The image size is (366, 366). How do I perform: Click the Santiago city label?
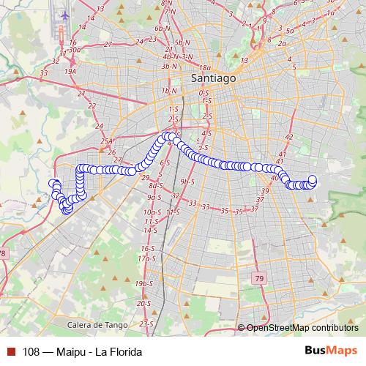(212, 77)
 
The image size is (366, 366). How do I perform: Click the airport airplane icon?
(65, 14)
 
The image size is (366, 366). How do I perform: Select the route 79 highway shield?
(259, 278)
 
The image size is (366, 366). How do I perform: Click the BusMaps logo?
(330, 351)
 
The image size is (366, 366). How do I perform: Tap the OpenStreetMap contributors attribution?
(302, 328)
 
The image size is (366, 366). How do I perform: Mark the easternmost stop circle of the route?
(313, 179)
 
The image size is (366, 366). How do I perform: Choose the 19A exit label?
(70, 72)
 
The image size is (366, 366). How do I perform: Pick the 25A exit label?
(108, 141)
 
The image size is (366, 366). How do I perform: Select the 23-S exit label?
(146, 323)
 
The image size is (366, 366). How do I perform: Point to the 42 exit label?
(288, 137)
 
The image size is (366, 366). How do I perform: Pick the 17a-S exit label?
(148, 258)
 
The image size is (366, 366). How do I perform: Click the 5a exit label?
(290, 31)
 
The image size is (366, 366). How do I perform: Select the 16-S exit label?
(147, 249)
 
